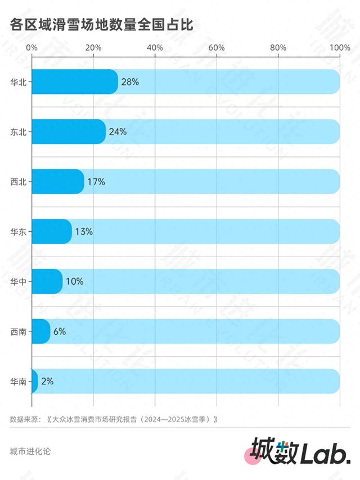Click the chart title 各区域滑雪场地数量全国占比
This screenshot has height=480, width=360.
pyautogui.click(x=102, y=25)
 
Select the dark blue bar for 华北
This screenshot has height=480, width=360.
pyautogui.click(x=74, y=82)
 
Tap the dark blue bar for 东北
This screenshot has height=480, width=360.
pyautogui.click(x=68, y=132)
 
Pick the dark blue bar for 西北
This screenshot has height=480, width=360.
pyautogui.click(x=57, y=182)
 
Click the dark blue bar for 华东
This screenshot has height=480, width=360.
pyautogui.click(x=51, y=231)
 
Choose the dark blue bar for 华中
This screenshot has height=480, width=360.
pyautogui.click(x=47, y=281)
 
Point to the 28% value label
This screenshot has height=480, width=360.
pyautogui.click(x=130, y=82)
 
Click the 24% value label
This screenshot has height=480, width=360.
pyautogui.click(x=118, y=132)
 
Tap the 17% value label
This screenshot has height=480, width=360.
pyautogui.click(x=96, y=182)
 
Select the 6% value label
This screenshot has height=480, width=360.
pyautogui.click(x=60, y=331)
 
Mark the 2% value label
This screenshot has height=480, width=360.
pyautogui.click(x=47, y=381)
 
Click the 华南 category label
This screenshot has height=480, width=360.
pyautogui.click(x=18, y=381)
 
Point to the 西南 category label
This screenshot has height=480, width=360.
pyautogui.click(x=18, y=331)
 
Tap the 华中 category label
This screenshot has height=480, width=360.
pyautogui.click(x=18, y=281)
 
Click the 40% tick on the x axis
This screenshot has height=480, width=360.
pyautogui.click(x=155, y=47)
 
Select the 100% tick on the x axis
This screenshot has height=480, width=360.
pyautogui.click(x=339, y=47)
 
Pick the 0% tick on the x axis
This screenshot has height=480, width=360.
pyautogui.click(x=31, y=47)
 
